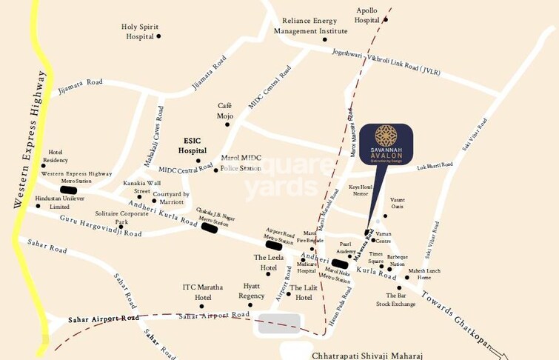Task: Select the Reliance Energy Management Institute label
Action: (310, 27)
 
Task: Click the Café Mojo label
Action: (225, 111)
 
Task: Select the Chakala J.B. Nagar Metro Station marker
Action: (210, 227)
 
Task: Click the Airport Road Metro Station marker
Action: (274, 245)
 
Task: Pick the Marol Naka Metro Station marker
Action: (340, 263)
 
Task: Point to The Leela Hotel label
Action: (265, 262)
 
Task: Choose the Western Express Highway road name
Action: (30, 140)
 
